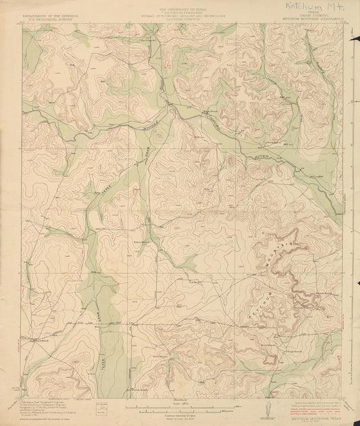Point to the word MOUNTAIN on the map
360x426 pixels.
click(x=284, y=244)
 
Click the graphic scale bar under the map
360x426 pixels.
click(x=180, y=408)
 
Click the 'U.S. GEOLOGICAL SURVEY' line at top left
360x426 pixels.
click(x=41, y=18)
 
